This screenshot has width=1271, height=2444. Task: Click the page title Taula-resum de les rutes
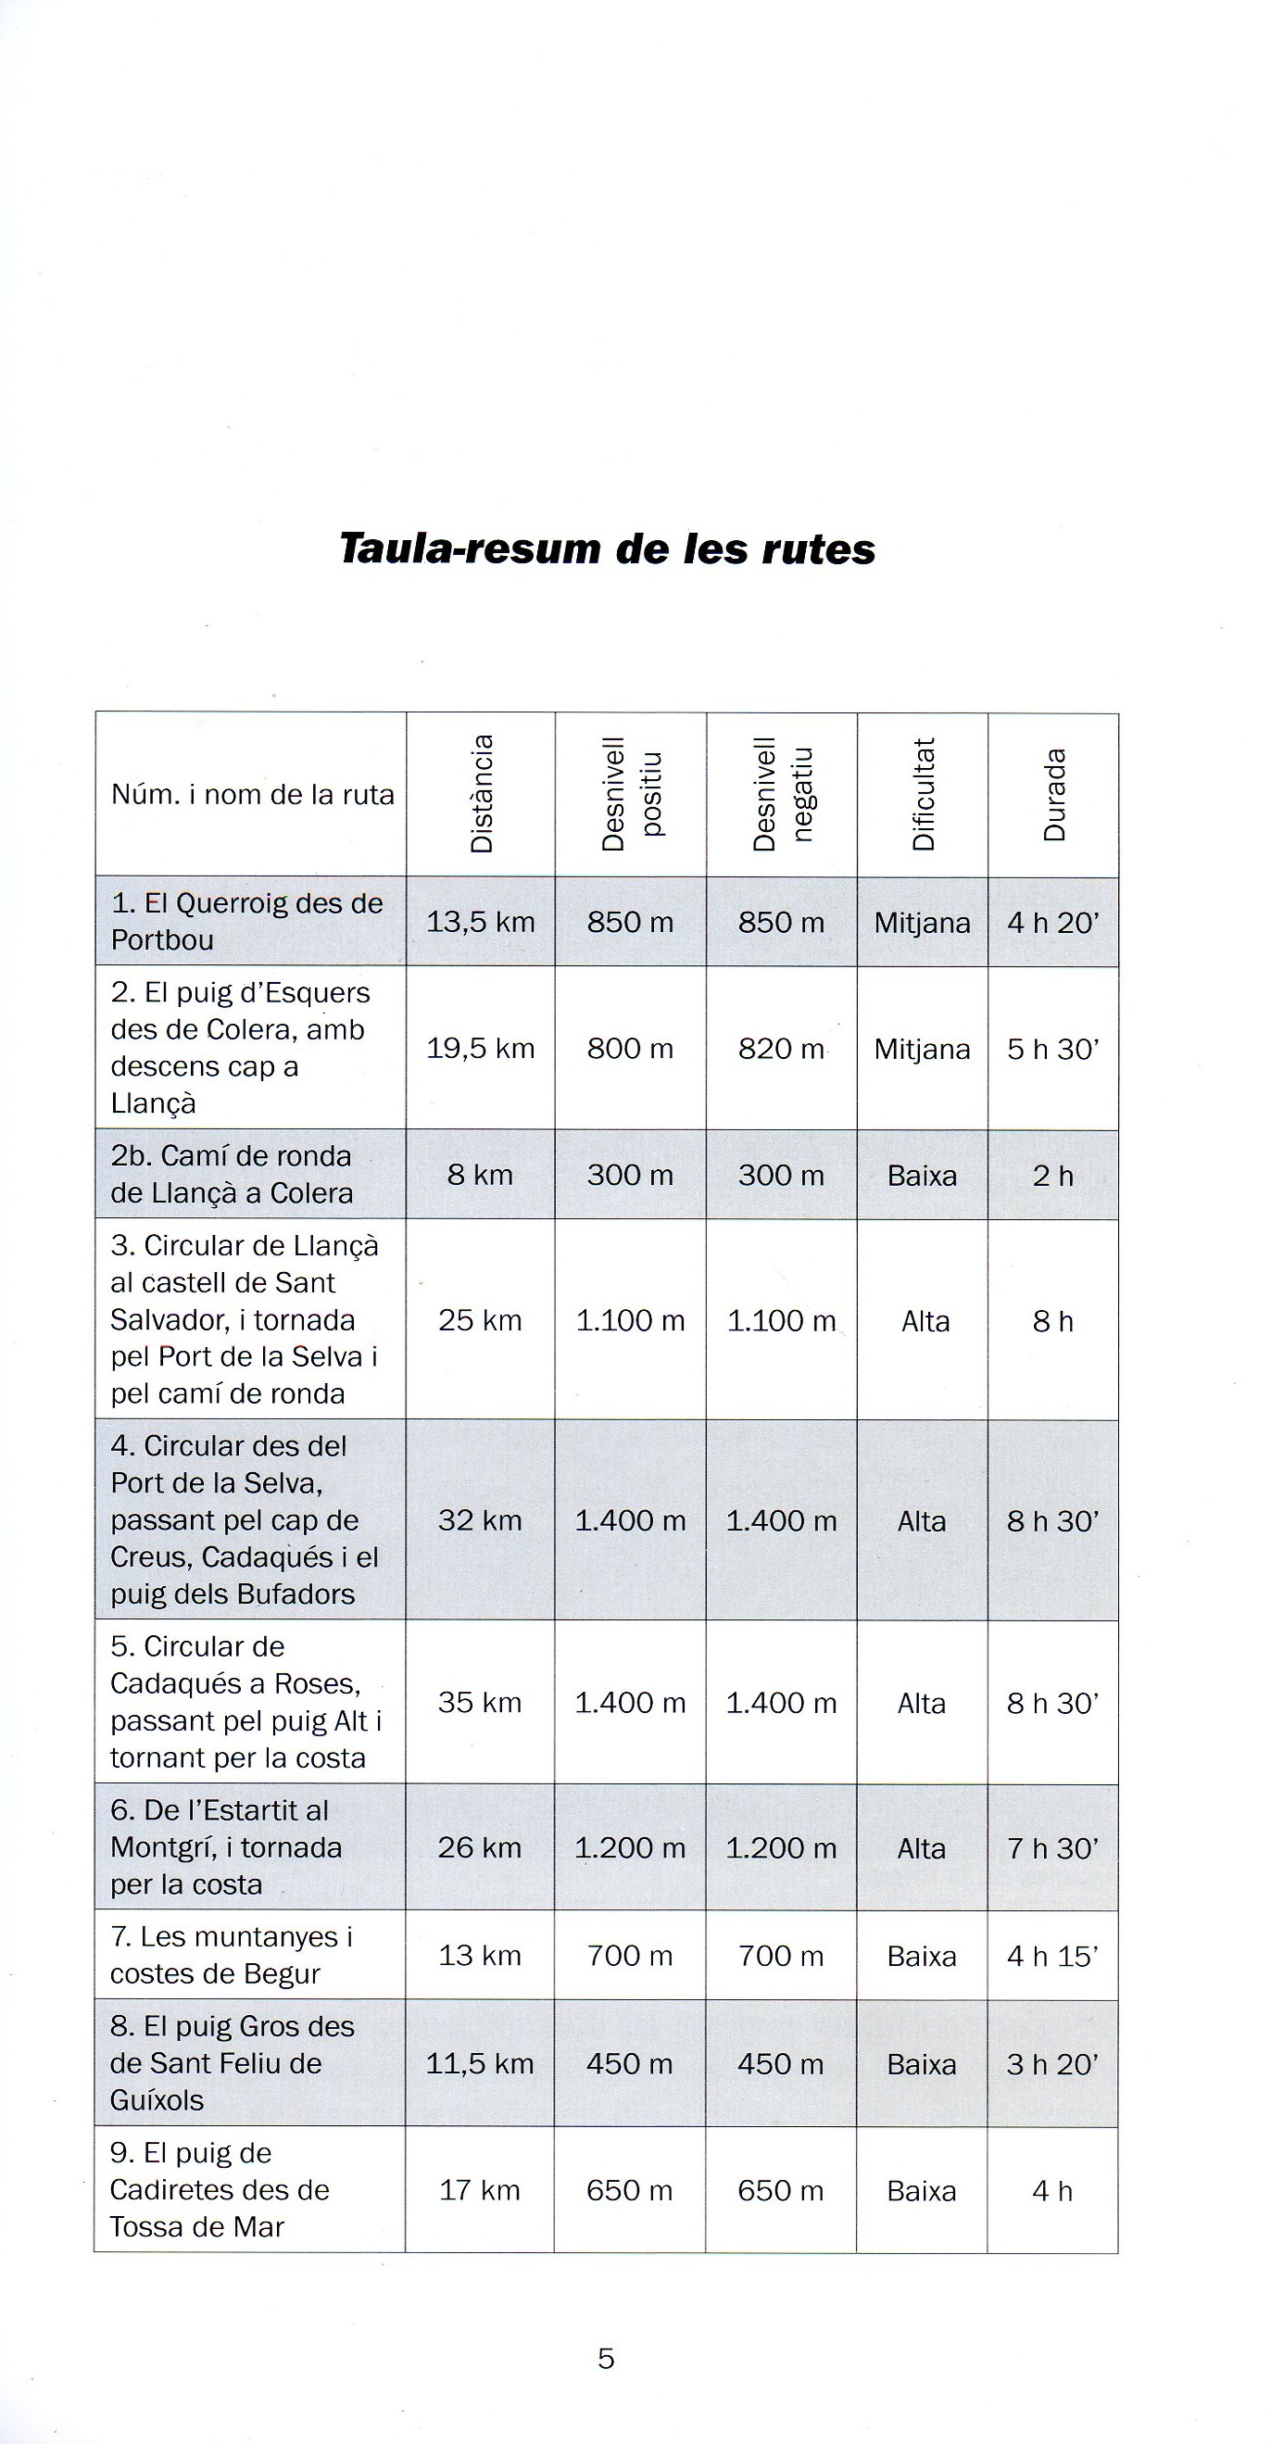point(607,549)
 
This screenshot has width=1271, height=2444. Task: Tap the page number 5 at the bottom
point(606,2358)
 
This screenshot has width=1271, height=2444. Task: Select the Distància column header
point(482,793)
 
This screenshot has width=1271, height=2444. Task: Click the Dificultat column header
point(923,793)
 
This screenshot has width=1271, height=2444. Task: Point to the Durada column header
point(1054,795)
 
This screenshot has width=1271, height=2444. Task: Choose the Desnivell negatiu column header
point(782,794)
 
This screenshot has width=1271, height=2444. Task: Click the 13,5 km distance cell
point(480,922)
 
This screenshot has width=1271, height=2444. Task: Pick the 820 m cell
point(781,1049)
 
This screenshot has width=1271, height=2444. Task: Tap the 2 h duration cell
point(1053,1176)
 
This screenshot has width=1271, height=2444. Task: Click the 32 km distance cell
point(480,1521)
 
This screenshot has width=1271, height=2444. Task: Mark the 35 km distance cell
point(480,1703)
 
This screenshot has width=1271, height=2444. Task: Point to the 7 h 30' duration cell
point(1053,1848)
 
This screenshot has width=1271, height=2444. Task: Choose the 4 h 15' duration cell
point(1053,1957)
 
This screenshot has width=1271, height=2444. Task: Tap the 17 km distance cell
point(480,2191)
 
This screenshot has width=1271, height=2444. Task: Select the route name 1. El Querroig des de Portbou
point(246,921)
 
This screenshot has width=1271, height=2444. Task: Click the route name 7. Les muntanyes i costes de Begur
point(232,1956)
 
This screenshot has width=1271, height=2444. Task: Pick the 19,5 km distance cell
point(480,1049)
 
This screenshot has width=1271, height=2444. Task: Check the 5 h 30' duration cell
point(1053,1049)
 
